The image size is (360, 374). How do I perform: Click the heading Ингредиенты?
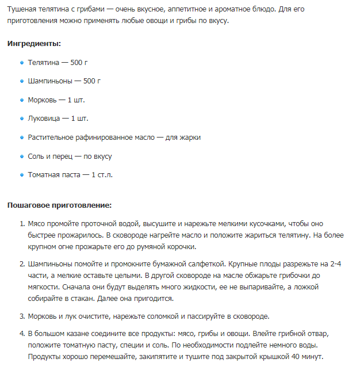tap(34, 43)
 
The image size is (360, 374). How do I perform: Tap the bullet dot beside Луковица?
tap(22, 119)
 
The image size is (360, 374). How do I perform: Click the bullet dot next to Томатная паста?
tap(22, 175)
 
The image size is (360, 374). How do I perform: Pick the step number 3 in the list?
tap(22, 316)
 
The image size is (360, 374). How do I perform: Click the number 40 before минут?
tap(297, 357)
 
